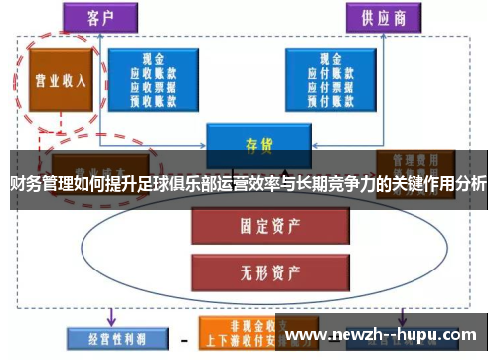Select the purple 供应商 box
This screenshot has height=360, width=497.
(x=381, y=17)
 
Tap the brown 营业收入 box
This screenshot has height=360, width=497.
(x=61, y=79)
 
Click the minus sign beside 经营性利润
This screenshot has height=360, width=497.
(x=184, y=335)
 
